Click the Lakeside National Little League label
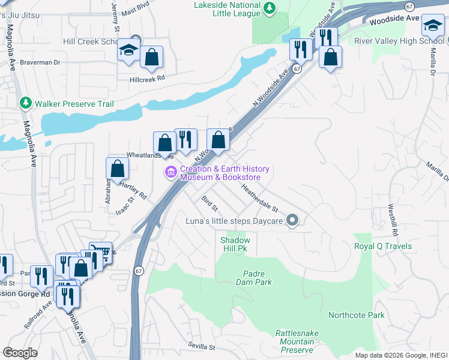227,10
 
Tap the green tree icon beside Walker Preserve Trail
25,103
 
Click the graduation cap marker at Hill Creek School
128,50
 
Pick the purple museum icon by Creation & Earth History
171,173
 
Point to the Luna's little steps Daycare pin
292,221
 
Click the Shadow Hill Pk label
235,245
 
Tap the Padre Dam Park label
257,277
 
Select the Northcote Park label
356,315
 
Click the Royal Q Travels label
383,247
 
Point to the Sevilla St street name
201,347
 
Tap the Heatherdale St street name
260,198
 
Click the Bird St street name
209,203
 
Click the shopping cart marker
100,253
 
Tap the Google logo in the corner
20,353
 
